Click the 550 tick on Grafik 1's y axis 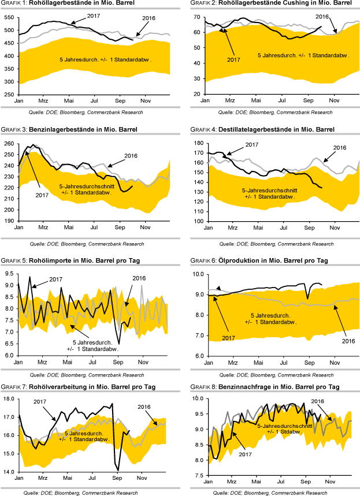(9, 17)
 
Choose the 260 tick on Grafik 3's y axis (9, 144)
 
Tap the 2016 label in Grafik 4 (340, 148)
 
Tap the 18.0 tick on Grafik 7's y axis (9, 399)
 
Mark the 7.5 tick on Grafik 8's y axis (197, 476)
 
